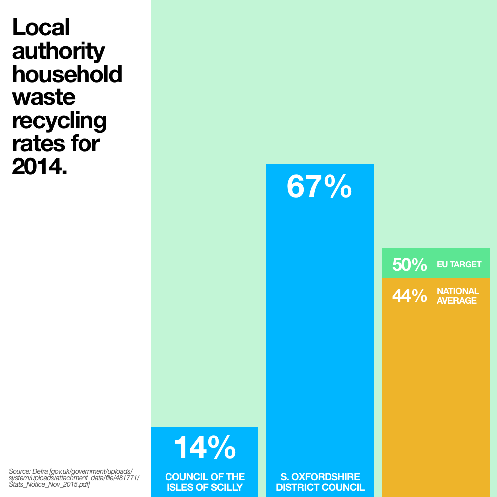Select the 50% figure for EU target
(x=410, y=265)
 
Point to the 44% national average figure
(x=410, y=296)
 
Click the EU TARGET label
(x=459, y=265)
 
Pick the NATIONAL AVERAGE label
(x=457, y=296)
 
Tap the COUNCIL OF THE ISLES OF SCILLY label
(x=204, y=482)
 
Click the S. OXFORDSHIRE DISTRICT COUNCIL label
(x=320, y=482)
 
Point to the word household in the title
(x=67, y=74)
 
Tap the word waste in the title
(x=44, y=97)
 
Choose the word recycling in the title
(x=59, y=121)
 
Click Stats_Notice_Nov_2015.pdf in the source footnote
(x=49, y=484)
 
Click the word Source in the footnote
(x=19, y=471)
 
